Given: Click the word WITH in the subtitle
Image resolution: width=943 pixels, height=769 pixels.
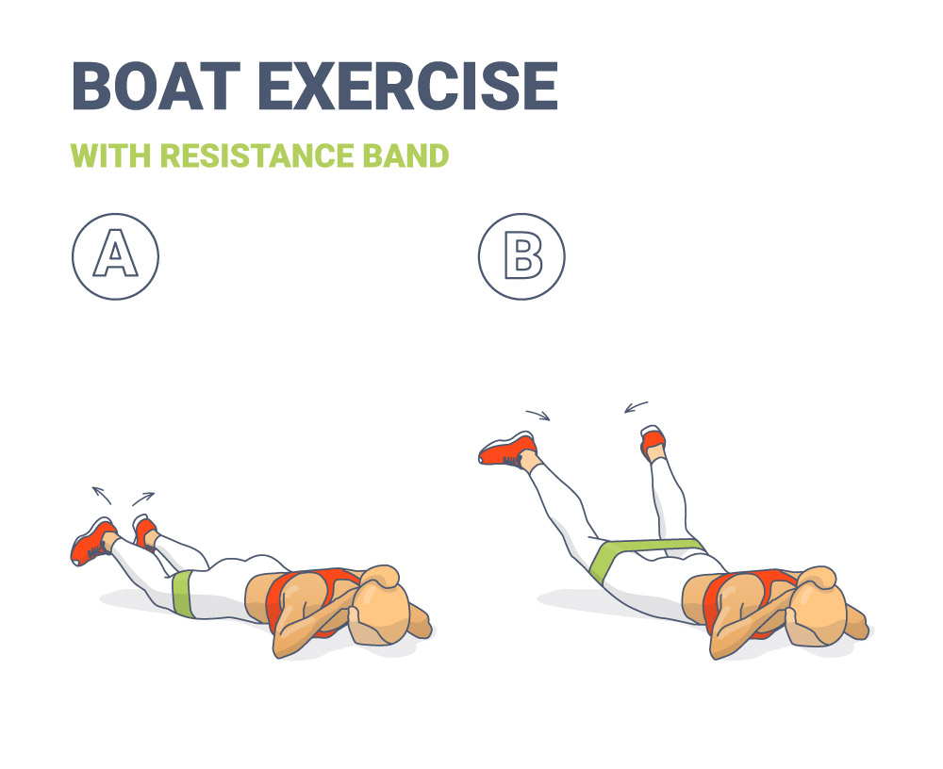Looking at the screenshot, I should click(110, 155).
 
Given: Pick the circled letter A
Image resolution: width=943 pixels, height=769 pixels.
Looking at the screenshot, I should click(115, 256).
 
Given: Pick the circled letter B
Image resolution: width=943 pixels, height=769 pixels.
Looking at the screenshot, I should click(521, 256).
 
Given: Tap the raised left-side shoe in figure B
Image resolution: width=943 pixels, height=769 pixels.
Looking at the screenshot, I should click(507, 450).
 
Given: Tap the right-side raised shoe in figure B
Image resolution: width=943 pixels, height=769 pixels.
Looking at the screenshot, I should click(653, 440).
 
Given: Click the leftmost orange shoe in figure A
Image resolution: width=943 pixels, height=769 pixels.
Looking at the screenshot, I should click(91, 542).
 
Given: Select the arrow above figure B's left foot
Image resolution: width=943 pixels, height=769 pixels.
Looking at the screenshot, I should click(538, 415).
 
